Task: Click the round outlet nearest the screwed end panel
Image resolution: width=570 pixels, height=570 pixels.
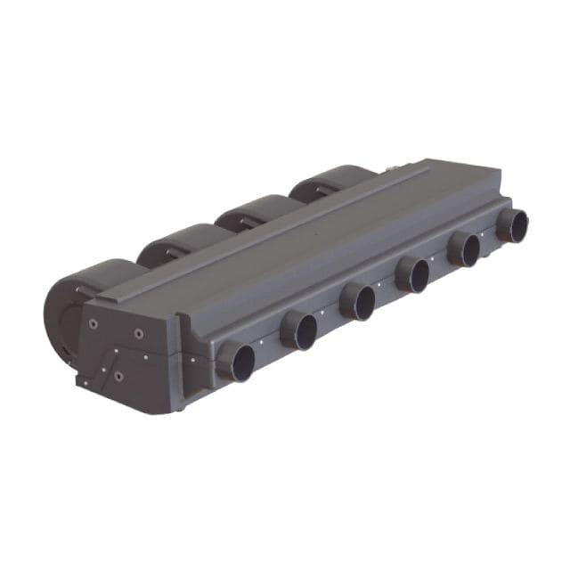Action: [236, 362]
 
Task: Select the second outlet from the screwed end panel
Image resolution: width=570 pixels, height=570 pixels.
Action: [299, 330]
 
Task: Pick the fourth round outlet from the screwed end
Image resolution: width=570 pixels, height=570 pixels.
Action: [413, 274]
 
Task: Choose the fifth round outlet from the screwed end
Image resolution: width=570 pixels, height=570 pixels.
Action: [464, 248]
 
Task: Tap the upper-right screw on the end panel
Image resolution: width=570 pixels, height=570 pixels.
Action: [139, 333]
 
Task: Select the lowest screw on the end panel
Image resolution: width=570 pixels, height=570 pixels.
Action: [118, 376]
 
